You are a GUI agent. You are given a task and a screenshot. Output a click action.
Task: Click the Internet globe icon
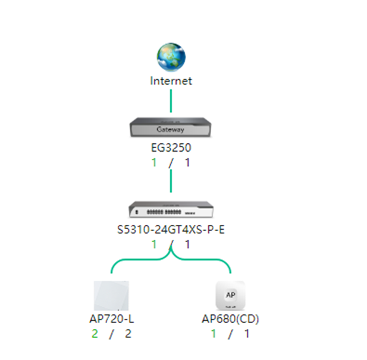pyautogui.click(x=171, y=57)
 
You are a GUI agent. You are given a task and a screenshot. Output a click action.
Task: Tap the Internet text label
pyautogui.click(x=171, y=81)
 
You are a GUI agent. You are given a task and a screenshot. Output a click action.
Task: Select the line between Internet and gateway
pyautogui.click(x=171, y=101)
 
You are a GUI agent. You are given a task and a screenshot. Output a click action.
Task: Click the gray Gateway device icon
pyautogui.click(x=171, y=127)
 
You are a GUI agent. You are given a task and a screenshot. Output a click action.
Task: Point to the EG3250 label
pyautogui.click(x=171, y=148)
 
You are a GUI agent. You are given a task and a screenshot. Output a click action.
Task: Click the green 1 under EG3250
pyautogui.click(x=154, y=162)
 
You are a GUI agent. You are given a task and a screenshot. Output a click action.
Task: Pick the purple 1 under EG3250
pyautogui.click(x=187, y=162)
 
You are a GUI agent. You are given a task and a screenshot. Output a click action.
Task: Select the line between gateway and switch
pyautogui.click(x=171, y=181)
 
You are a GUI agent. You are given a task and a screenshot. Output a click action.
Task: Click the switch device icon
pyautogui.click(x=171, y=209)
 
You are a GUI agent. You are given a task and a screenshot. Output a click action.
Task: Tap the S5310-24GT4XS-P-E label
pyautogui.click(x=171, y=230)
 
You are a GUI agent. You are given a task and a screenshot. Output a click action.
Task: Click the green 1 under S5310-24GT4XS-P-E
pyautogui.click(x=154, y=245)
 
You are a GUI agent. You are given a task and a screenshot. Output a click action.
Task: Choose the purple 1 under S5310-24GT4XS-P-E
pyautogui.click(x=187, y=245)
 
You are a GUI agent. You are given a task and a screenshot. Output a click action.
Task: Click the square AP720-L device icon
pyautogui.click(x=111, y=296)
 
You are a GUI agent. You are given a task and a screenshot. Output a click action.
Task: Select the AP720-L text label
pyautogui.click(x=112, y=319)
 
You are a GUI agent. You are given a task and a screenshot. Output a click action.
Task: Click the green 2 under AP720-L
pyautogui.click(x=95, y=334)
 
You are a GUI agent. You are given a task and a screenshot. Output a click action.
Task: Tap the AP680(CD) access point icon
pyautogui.click(x=230, y=295)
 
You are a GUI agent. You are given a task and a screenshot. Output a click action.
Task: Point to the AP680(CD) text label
pyautogui.click(x=230, y=319)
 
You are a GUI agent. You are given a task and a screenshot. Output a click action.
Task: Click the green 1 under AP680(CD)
pyautogui.click(x=214, y=334)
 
